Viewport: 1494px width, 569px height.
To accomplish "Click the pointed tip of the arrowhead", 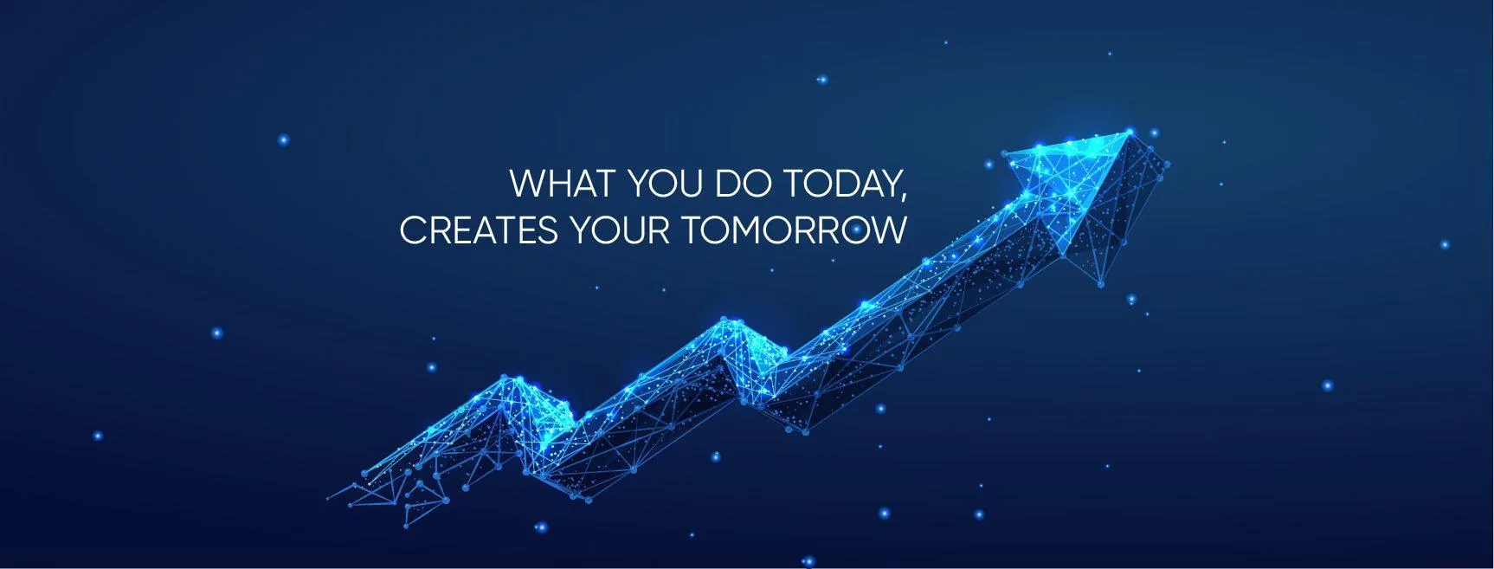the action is [x=1130, y=132].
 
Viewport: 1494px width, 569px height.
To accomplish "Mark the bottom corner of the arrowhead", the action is [x=1101, y=283].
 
